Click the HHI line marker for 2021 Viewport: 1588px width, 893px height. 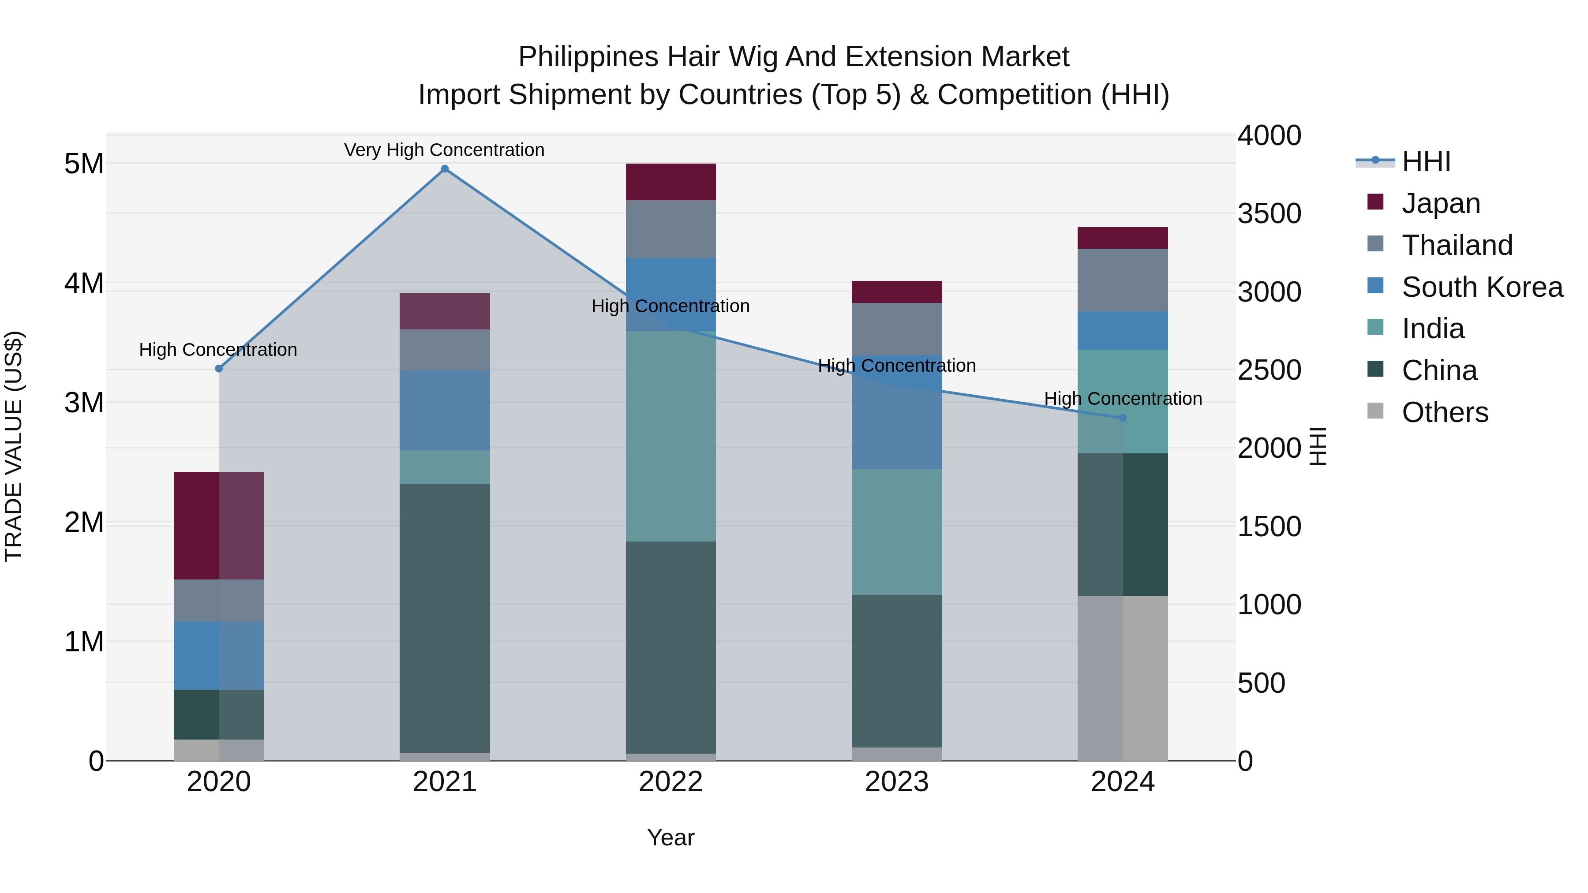coord(445,169)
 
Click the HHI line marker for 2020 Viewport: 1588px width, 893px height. coord(219,369)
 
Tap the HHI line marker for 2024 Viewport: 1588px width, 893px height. coord(1123,418)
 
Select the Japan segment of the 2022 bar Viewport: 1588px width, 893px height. coord(670,182)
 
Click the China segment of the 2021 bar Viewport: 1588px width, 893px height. coord(445,618)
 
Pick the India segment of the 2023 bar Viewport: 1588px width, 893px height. coord(897,532)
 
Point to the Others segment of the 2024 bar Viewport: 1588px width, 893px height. coord(1123,678)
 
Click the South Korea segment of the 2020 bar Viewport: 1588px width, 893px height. coord(219,655)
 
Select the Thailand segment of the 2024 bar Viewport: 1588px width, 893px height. coord(1123,280)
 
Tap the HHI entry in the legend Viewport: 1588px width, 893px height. coord(1425,161)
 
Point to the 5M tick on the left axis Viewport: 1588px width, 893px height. coord(84,164)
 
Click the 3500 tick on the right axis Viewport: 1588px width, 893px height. coord(1269,214)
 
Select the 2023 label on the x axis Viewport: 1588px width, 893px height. coord(897,782)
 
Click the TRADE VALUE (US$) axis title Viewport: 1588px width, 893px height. coord(14,447)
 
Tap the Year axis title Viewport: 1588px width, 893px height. coord(670,837)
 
